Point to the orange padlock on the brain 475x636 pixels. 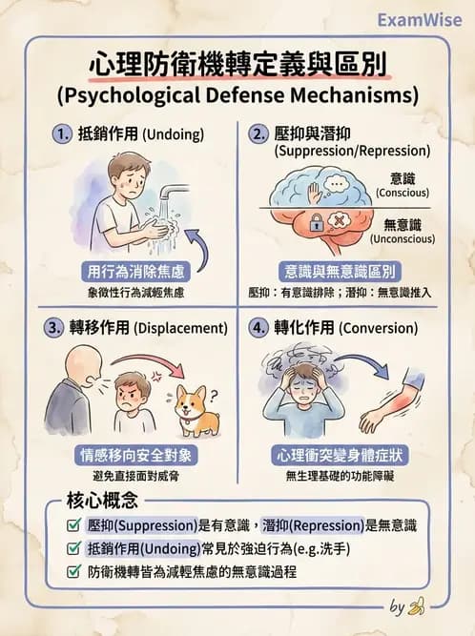[x=312, y=223]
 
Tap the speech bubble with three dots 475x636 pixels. [x=338, y=184]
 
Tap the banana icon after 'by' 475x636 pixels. [x=416, y=606]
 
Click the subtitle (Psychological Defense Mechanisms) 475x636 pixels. [x=237, y=95]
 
